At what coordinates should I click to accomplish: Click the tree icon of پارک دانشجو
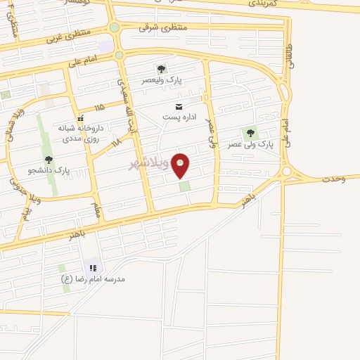pyautogui.click(x=49, y=160)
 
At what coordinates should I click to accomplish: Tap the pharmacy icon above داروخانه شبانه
pyautogui.click(x=80, y=117)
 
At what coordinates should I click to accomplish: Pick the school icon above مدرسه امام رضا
pyautogui.click(x=92, y=268)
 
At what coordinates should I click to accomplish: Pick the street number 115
pyautogui.click(x=98, y=108)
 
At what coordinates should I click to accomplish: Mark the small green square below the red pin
pyautogui.click(x=184, y=186)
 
